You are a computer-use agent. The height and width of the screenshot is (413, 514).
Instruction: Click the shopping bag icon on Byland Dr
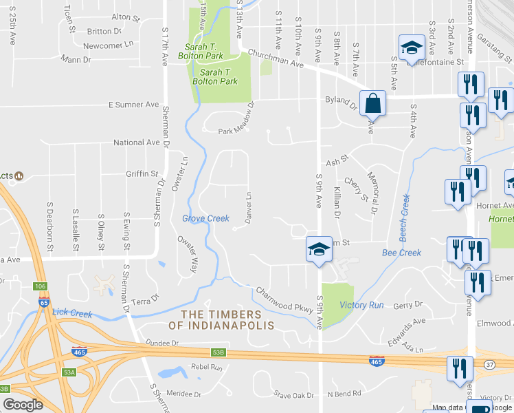pos(372,103)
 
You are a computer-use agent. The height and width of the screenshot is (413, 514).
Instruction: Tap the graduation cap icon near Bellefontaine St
pos(411,48)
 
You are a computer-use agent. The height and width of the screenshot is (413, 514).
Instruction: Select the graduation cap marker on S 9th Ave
pos(319,249)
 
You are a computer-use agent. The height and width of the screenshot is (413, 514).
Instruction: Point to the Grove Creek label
pos(205,219)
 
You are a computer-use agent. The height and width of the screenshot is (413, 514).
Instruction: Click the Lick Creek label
pos(71,314)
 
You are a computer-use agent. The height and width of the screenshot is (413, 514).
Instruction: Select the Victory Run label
pos(361,305)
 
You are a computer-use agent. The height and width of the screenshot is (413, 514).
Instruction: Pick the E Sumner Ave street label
pos(133,105)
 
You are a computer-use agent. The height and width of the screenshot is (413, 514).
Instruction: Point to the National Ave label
pos(136,143)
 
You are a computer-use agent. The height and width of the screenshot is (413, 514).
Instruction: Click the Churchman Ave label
pos(282,63)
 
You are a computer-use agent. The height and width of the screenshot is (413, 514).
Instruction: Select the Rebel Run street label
pos(207,368)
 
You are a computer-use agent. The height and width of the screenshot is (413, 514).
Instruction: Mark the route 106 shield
pos(40,286)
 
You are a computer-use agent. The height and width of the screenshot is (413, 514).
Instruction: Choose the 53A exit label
pos(69,372)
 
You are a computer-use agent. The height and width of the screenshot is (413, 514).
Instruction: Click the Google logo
pos(23,405)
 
